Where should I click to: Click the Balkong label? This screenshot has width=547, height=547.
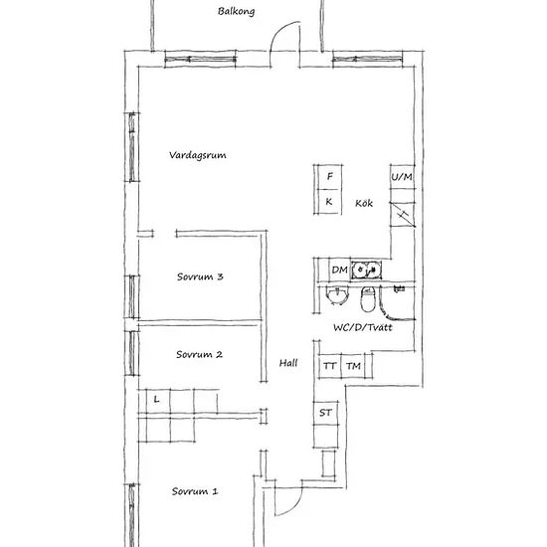coord(236,12)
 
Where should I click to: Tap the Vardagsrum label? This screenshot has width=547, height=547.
coord(198,155)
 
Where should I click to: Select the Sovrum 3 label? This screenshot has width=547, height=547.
coord(200,276)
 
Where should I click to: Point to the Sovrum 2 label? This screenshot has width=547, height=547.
coord(199,354)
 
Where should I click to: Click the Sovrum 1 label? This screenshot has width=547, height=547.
coord(195,491)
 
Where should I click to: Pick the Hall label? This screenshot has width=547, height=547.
coord(288,363)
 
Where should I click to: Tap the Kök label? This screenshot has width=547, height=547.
coord(364,203)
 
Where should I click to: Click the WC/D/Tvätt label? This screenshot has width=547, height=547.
coord(363,327)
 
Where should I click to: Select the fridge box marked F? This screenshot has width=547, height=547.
coord(329,177)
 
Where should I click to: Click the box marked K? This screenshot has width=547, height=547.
coord(329,201)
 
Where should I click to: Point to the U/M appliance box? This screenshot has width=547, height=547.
coord(402,177)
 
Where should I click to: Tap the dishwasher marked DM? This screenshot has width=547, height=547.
coord(339,270)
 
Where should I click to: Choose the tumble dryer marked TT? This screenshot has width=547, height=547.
coord(329,366)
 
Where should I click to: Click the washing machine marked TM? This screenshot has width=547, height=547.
coord(353,366)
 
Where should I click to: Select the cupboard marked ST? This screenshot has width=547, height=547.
coord(325,413)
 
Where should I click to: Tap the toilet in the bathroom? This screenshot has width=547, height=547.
coord(367,299)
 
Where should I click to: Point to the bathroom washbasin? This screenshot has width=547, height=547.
coord(337,295)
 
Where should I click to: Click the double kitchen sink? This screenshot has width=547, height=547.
coord(366,270)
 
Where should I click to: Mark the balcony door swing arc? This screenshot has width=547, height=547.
coord(277,33)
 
